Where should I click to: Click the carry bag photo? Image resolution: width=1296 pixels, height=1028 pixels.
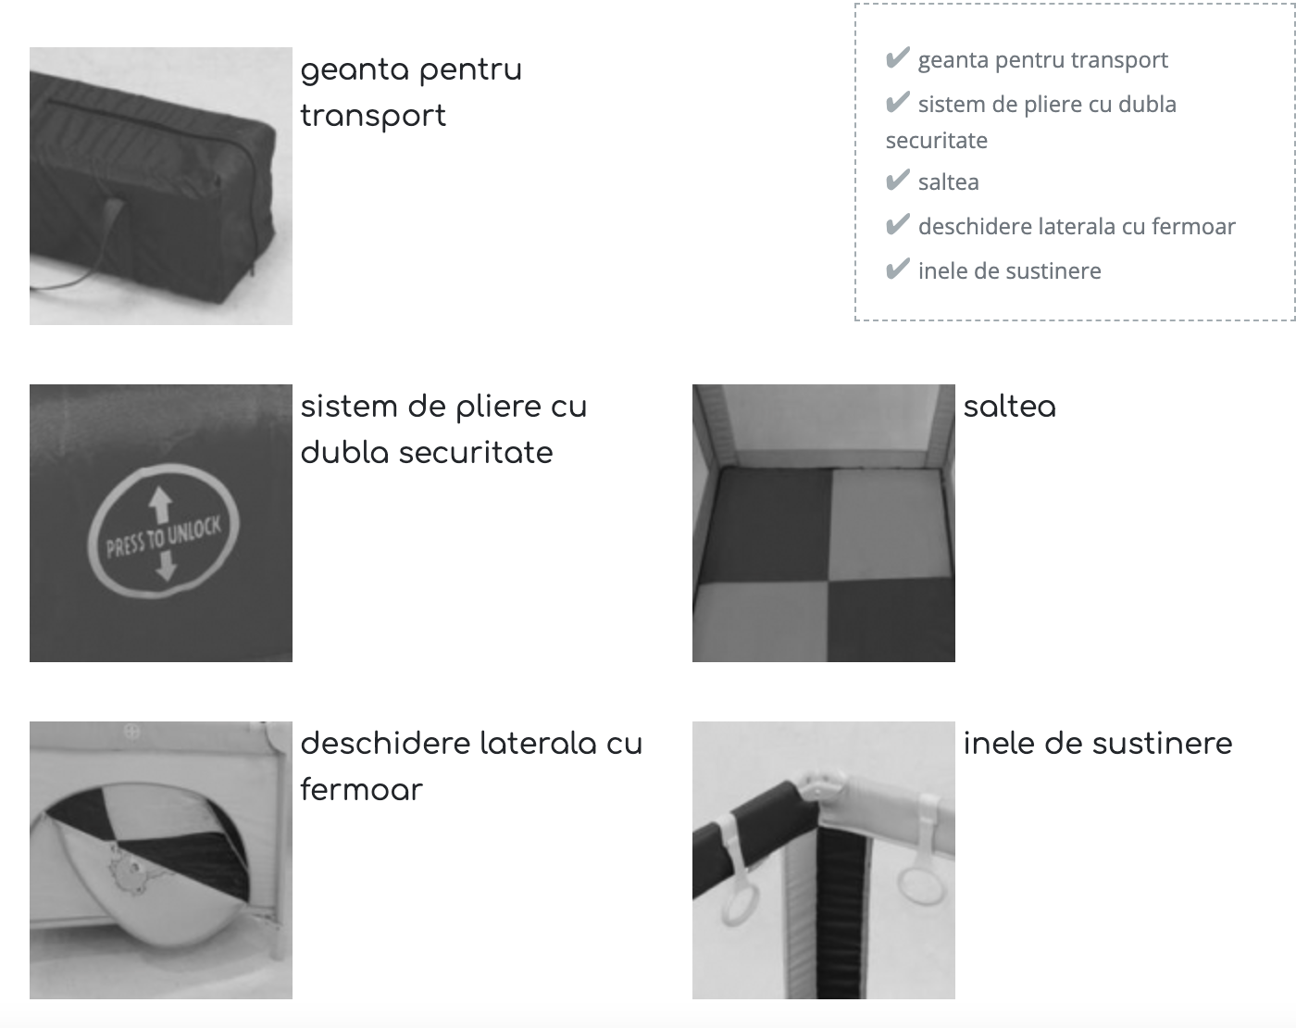(x=161, y=185)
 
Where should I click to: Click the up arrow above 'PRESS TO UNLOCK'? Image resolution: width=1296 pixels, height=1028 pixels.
(x=161, y=504)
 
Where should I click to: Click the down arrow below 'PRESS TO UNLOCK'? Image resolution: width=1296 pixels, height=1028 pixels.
(x=166, y=565)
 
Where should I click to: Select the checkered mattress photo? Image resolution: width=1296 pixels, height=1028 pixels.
(x=823, y=523)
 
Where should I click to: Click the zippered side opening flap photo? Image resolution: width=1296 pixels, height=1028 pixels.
(x=161, y=859)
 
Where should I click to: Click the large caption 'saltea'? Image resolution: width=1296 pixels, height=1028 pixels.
(x=1009, y=407)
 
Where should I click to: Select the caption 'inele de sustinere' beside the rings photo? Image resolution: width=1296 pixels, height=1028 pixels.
(x=1097, y=744)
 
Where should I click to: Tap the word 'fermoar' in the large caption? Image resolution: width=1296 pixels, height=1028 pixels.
(x=361, y=790)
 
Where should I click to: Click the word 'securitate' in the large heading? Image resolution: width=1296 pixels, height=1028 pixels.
(x=476, y=453)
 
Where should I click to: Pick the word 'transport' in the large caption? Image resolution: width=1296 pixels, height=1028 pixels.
(x=373, y=117)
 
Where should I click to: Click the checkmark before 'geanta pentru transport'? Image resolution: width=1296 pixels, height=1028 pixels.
(x=897, y=57)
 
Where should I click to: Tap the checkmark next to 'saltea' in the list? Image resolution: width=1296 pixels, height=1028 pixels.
(x=897, y=181)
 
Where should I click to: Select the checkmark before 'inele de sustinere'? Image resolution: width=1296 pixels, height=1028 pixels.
(x=897, y=269)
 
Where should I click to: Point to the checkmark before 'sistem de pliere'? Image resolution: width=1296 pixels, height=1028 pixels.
(x=897, y=103)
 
